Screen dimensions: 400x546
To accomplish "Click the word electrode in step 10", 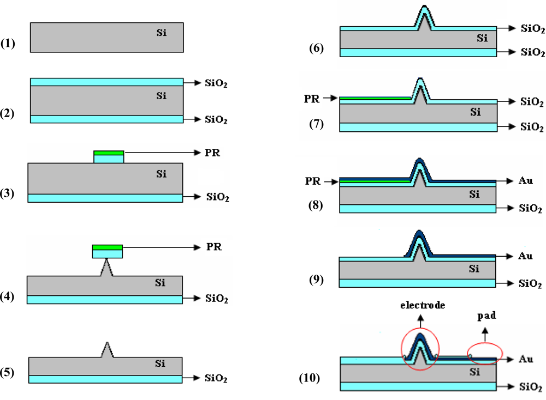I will click(x=420, y=305).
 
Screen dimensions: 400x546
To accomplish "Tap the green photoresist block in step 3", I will click(x=109, y=153).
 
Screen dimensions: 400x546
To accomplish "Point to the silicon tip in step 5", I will click(x=108, y=349).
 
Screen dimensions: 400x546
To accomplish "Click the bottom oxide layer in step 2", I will click(x=106, y=119).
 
